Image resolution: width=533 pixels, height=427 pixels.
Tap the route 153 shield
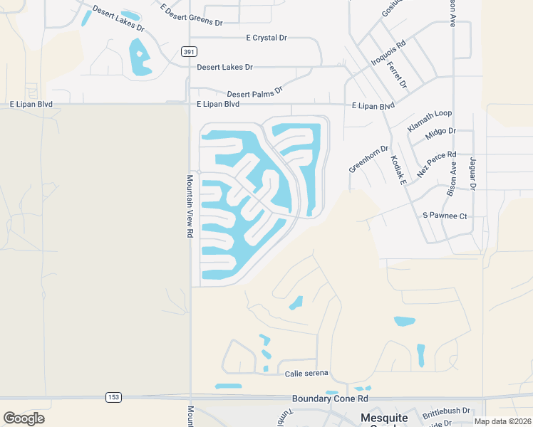coord(113,396)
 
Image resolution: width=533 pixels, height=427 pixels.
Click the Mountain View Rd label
coord(190,206)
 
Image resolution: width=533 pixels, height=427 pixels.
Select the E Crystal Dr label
coord(266,38)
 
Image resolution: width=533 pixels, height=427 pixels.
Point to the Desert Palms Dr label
coord(254,92)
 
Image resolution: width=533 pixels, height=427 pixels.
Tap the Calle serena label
coord(306,373)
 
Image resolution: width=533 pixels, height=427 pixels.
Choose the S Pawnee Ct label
coord(445,215)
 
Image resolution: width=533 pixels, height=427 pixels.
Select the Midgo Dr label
coord(440,133)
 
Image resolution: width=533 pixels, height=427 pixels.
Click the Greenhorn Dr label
coord(368,159)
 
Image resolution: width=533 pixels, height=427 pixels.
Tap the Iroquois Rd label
coord(388,53)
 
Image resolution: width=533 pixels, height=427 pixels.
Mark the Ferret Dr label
coord(398,75)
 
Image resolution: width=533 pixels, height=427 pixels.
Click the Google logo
coord(24,418)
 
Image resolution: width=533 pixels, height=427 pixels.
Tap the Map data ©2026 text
coord(502,421)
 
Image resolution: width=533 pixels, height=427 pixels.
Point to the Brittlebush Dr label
coord(446,411)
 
